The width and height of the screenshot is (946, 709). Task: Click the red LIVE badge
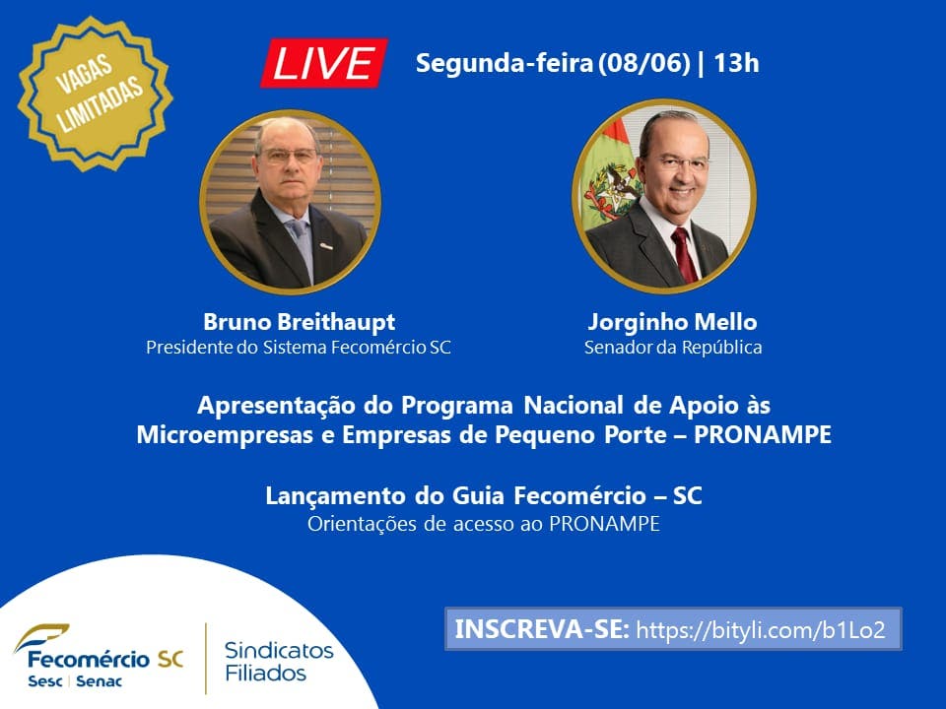324,63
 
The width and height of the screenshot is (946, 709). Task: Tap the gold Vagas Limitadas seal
96,95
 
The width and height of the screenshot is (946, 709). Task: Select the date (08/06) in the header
643,63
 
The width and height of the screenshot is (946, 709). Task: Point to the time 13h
736,63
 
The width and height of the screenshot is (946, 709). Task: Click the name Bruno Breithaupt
300,322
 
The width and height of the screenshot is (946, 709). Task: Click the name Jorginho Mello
673,322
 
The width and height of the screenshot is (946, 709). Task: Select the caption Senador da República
673,348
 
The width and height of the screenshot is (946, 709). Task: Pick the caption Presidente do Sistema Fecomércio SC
299,348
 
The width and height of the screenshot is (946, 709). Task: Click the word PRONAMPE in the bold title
763,434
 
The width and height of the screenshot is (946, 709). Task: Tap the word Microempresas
225,435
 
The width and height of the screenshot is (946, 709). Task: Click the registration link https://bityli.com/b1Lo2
761,630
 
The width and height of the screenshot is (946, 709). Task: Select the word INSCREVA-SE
542,629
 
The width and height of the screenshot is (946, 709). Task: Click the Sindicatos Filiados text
279,662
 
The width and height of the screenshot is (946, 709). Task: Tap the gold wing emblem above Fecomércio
41,637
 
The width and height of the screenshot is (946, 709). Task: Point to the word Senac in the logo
99,681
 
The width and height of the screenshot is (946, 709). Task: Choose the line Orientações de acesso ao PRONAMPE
483,524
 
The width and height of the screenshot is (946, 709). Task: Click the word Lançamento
335,496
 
